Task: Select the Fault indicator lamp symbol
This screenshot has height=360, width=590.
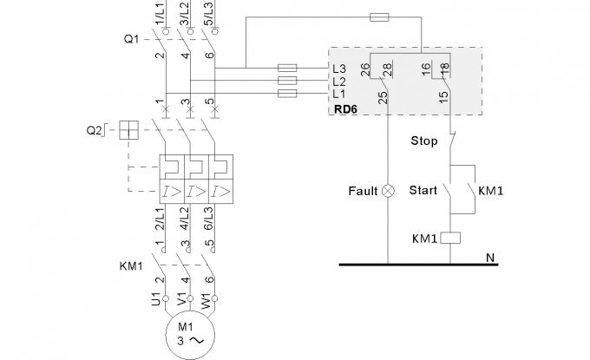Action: click(x=387, y=190)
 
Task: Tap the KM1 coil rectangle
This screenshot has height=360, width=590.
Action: click(x=451, y=236)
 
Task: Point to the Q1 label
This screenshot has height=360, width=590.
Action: click(x=131, y=39)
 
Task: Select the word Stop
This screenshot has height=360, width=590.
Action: click(x=423, y=141)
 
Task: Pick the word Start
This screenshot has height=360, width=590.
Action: click(x=423, y=190)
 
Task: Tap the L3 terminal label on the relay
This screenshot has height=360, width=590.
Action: click(x=339, y=68)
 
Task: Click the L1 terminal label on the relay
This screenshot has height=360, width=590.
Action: click(x=339, y=93)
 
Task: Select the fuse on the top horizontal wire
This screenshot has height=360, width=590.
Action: click(x=379, y=16)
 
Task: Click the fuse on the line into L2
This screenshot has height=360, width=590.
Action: click(x=287, y=80)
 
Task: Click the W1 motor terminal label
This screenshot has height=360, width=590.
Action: click(x=206, y=301)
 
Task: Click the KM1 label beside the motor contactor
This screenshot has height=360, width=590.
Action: click(x=131, y=265)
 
